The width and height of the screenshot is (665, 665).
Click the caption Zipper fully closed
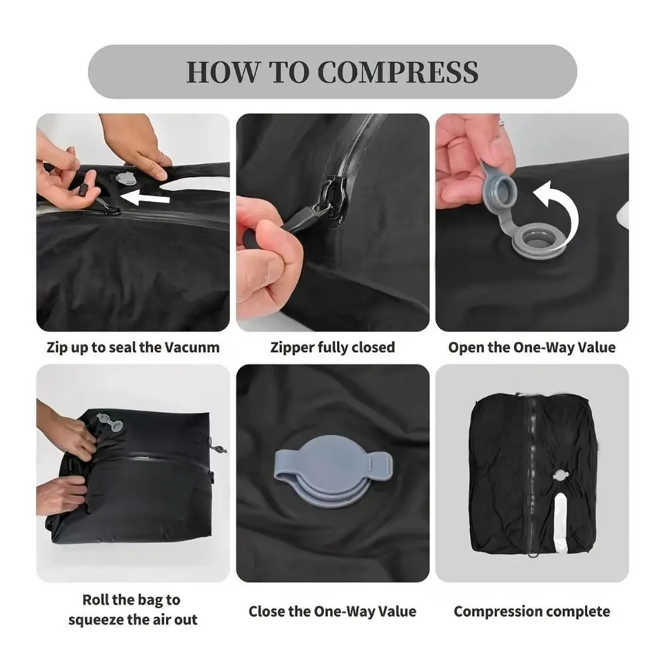pyautogui.click(x=332, y=347)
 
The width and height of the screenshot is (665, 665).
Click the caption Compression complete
pyautogui.click(x=531, y=611)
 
